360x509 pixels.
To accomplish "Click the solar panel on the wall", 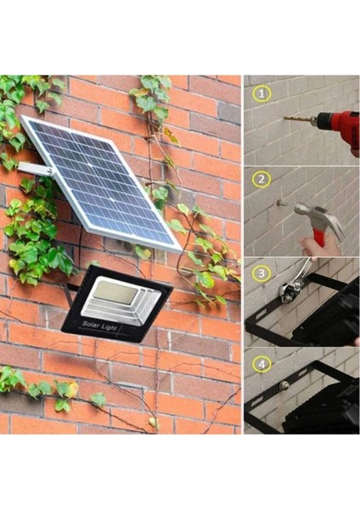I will coord(100,182).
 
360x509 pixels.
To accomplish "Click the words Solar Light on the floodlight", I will coord(99,325).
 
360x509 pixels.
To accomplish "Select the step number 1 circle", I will coord(263,92).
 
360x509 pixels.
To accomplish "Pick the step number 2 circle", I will coord(263,180).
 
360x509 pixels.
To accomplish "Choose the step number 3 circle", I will coord(263,273).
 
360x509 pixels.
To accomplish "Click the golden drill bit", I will coord(301,120).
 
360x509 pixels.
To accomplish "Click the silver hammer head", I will coord(319,215).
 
